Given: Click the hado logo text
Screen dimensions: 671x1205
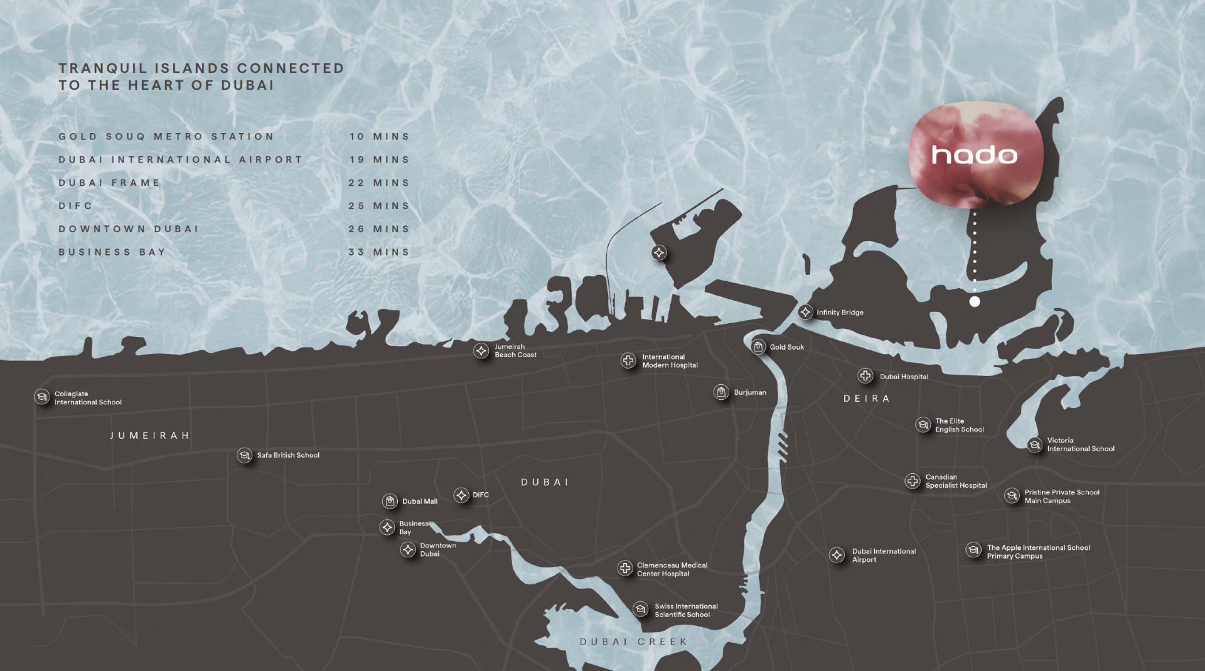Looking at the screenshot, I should (x=974, y=154).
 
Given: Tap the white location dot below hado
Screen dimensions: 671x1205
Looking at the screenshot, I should (x=975, y=301).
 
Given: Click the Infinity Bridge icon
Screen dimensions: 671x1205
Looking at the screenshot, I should (x=805, y=312).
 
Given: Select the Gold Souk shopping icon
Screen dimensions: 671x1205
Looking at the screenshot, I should (x=758, y=346).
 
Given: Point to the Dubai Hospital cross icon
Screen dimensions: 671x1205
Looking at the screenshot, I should (x=865, y=376).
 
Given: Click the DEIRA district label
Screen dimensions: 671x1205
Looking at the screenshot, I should (x=866, y=399).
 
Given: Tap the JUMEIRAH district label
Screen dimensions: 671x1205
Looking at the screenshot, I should (x=150, y=436).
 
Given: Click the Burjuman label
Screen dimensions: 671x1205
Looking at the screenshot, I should (x=750, y=392).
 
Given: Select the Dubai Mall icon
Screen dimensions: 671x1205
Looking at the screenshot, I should (x=390, y=501).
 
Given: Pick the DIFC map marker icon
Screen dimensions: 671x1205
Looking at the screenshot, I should (x=461, y=495).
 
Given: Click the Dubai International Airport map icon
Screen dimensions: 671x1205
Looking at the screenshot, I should (x=837, y=555).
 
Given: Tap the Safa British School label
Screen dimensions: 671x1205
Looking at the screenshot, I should (x=288, y=455).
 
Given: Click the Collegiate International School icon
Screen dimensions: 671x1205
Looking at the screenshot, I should (x=42, y=397).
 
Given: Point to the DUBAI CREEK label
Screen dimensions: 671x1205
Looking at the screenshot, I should (x=633, y=641).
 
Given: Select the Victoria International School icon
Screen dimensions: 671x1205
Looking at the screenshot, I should (x=1035, y=444).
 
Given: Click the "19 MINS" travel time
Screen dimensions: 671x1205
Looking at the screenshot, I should (x=379, y=160).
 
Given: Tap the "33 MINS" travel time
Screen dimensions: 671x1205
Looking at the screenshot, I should (x=379, y=252).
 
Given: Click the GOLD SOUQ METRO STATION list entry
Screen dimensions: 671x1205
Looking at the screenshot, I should (x=166, y=137).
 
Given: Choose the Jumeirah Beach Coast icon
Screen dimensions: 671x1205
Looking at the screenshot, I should (x=481, y=351).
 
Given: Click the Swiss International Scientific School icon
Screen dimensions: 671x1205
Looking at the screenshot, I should (x=640, y=609).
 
